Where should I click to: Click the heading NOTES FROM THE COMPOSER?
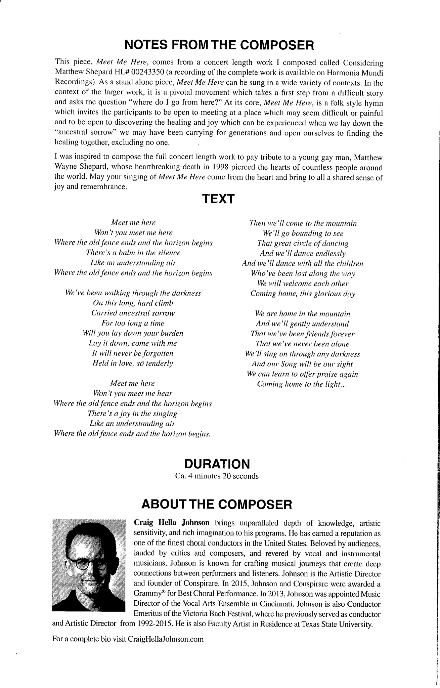click(x=219, y=45)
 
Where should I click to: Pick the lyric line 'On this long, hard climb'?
click(x=133, y=303)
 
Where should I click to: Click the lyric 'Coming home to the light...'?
click(x=302, y=384)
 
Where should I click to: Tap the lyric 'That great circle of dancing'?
click(x=303, y=243)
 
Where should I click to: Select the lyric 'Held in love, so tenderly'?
click(x=133, y=363)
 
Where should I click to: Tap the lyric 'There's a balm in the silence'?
click(x=133, y=253)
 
